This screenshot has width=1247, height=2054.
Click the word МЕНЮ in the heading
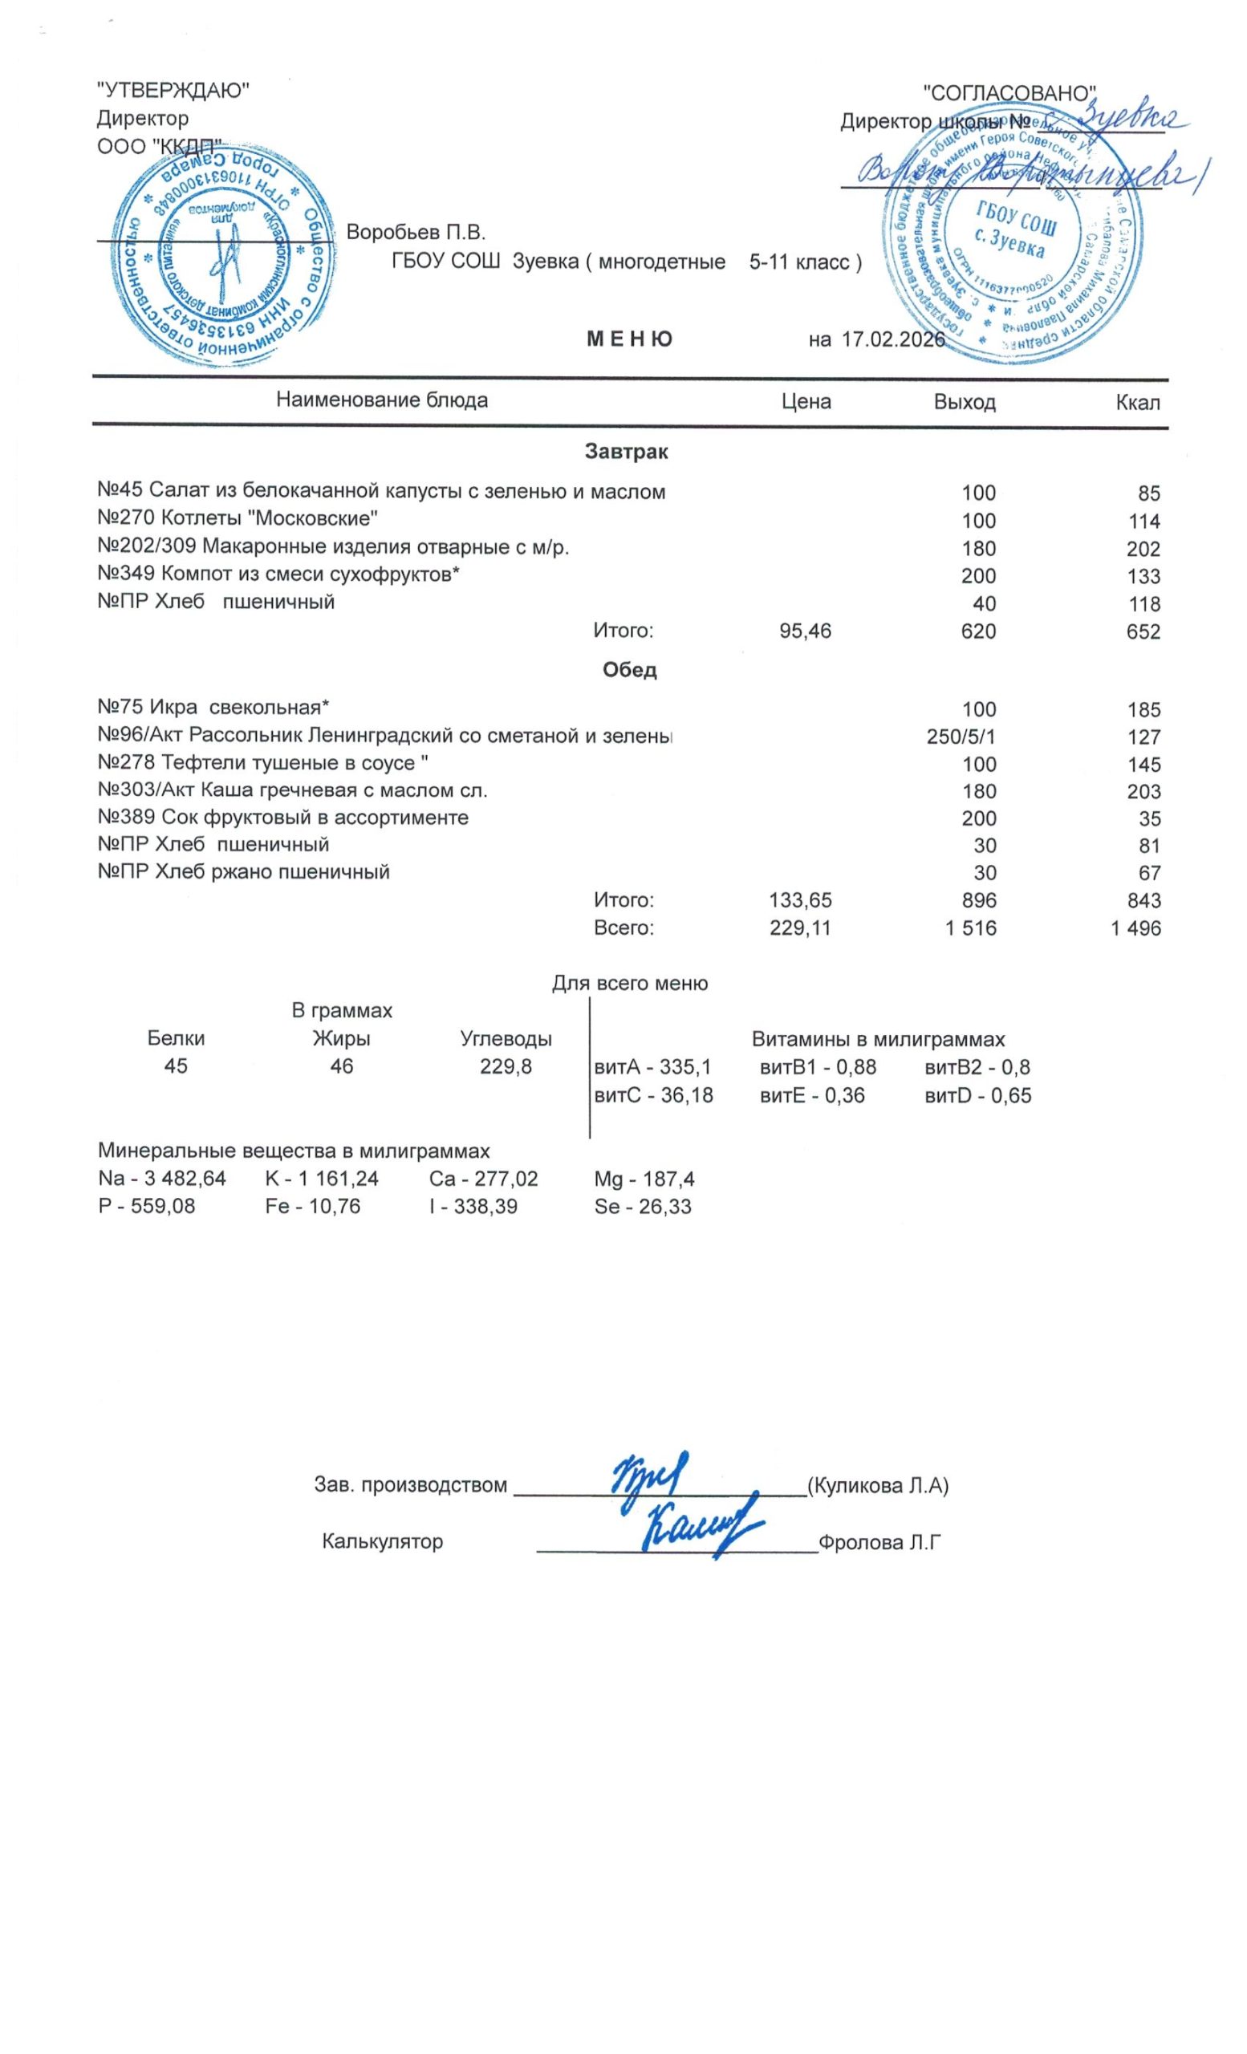[629, 339]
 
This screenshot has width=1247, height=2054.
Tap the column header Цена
[805, 402]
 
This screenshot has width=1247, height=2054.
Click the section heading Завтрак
[626, 453]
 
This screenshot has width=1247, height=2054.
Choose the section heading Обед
[629, 669]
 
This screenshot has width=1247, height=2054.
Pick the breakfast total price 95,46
[804, 631]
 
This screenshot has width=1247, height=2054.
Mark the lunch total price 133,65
[799, 900]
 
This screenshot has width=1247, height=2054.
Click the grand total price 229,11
[799, 928]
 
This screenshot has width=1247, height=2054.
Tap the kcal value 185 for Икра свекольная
[1143, 710]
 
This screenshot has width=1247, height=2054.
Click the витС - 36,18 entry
[652, 1094]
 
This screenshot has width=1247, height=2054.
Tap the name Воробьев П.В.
[415, 232]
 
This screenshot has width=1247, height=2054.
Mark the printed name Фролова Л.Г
[879, 1541]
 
